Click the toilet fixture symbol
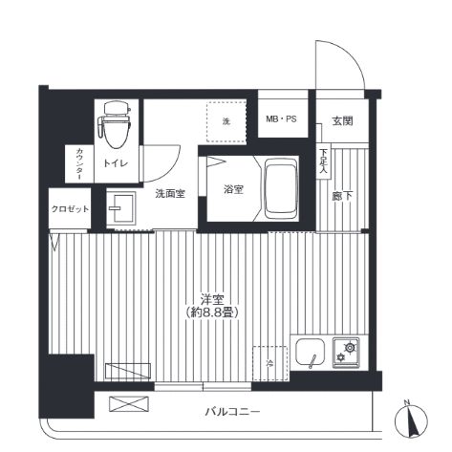[115, 124]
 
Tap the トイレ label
[116, 163]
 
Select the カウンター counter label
[79, 163]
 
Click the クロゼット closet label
[70, 209]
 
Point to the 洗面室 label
[170, 193]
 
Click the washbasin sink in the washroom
[121, 208]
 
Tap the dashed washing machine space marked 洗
[226, 121]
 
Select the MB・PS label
[281, 119]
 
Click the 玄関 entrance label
[342, 121]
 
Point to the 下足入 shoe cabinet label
[323, 161]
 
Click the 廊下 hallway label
[342, 196]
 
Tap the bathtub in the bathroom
[281, 189]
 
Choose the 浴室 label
[233, 189]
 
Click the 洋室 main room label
[212, 300]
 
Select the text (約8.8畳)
[212, 312]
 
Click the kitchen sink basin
[310, 353]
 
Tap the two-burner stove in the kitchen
[346, 353]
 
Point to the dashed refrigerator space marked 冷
[270, 363]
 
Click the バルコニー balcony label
[232, 412]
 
